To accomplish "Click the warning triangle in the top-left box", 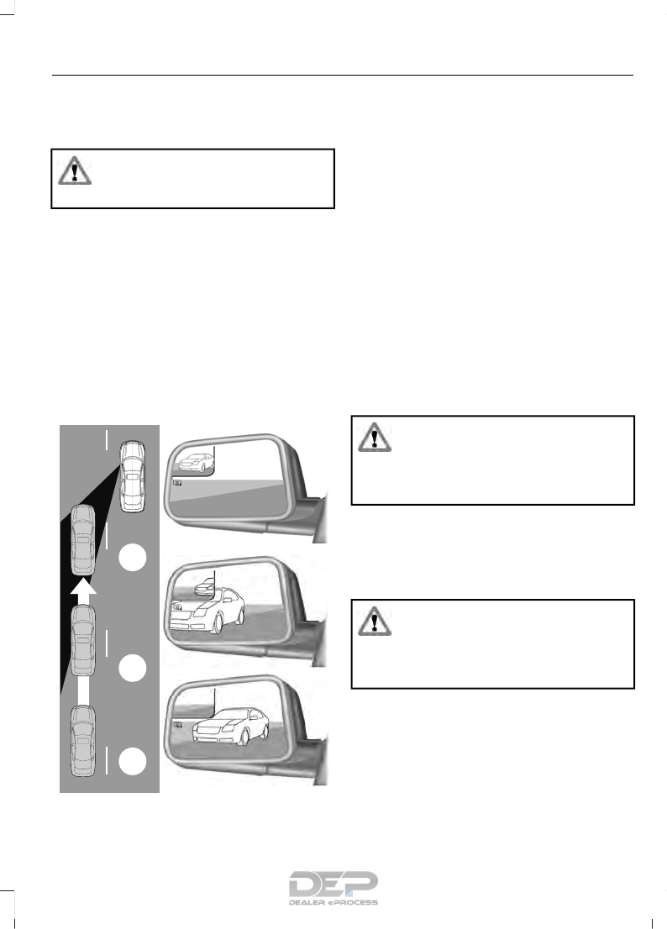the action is [75, 170].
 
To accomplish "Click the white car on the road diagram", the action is [131, 476].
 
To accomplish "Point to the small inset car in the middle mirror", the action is [204, 590].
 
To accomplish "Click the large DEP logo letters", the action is [333, 884].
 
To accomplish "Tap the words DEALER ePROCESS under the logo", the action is [333, 903].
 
